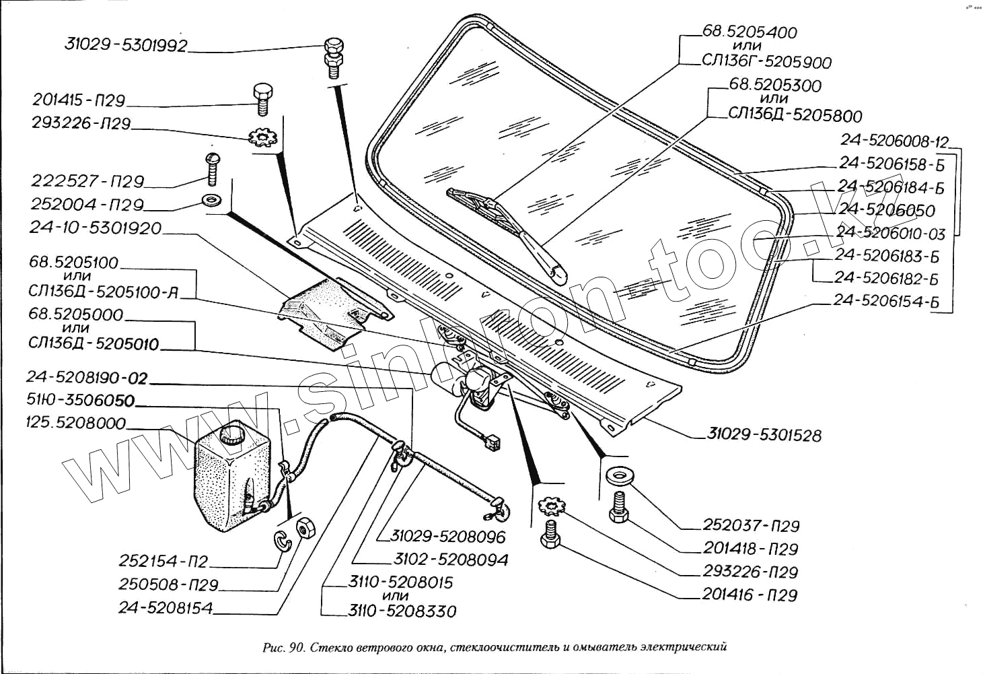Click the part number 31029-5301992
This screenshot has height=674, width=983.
(126, 45)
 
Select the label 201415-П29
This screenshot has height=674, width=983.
(79, 100)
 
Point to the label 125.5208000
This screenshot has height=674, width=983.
(75, 423)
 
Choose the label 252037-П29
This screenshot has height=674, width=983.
(751, 525)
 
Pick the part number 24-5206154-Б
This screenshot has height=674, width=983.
(885, 300)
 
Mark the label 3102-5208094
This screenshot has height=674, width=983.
(451, 560)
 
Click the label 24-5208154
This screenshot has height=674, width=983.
(166, 608)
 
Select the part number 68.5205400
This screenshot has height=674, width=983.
(750, 32)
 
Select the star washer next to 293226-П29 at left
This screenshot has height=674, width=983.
(262, 139)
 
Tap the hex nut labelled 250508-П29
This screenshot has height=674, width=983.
(304, 528)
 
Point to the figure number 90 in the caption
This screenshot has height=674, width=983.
(296, 648)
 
